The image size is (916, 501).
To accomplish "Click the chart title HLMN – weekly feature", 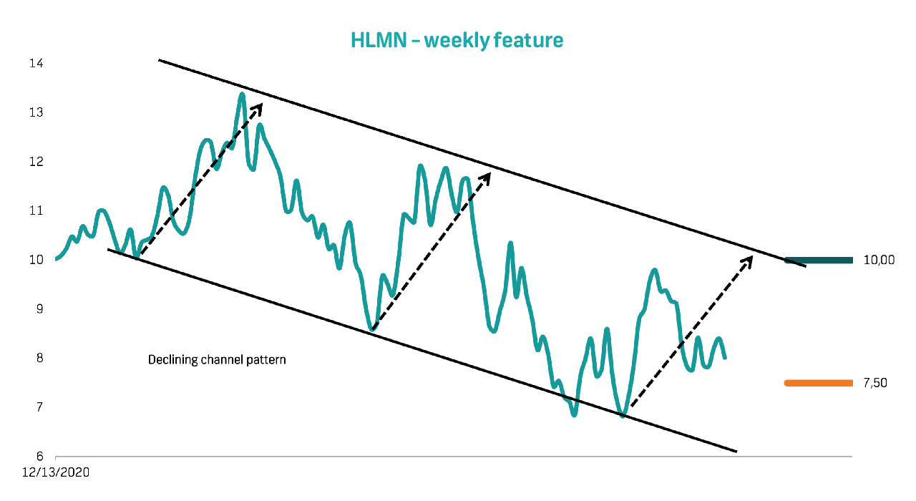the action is pyautogui.click(x=457, y=40).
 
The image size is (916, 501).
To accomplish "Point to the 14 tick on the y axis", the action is pyautogui.click(x=36, y=63).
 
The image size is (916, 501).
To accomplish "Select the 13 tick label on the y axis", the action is pyautogui.click(x=36, y=112).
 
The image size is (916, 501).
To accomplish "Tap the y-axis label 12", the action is pyautogui.click(x=36, y=162).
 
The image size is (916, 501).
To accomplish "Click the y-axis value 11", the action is pyautogui.click(x=36, y=210).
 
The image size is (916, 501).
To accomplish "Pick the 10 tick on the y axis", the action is pyautogui.click(x=36, y=260).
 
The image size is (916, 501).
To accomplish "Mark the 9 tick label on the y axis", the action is pyautogui.click(x=39, y=308).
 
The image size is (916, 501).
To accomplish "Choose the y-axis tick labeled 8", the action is pyautogui.click(x=39, y=358).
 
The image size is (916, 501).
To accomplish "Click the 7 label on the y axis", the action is pyautogui.click(x=39, y=407).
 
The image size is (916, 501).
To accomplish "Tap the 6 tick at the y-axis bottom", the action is pyautogui.click(x=39, y=456).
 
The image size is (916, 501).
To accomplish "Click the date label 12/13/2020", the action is pyautogui.click(x=56, y=472).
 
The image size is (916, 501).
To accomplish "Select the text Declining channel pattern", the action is pyautogui.click(x=217, y=360).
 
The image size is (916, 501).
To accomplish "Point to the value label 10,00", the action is pyautogui.click(x=879, y=260).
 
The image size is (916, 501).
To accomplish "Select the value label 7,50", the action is pyautogui.click(x=875, y=383).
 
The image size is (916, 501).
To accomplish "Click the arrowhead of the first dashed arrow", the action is pyautogui.click(x=258, y=108).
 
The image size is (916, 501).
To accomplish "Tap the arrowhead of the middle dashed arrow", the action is pyautogui.click(x=487, y=177).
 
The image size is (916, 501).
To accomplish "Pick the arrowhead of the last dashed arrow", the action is pyautogui.click(x=749, y=261).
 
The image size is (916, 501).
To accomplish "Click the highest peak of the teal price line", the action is pyautogui.click(x=242, y=94).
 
